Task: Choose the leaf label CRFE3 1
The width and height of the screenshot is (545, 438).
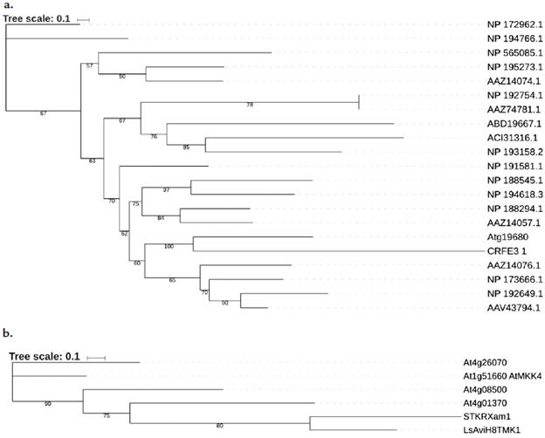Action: click(x=505, y=250)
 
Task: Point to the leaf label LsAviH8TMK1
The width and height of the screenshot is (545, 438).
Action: click(x=490, y=431)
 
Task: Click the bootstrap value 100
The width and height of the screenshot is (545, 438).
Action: click(x=168, y=247)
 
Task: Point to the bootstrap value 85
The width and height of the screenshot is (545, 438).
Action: click(x=186, y=147)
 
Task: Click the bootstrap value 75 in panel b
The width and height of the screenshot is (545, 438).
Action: click(x=107, y=415)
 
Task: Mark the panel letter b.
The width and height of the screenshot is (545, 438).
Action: click(x=8, y=333)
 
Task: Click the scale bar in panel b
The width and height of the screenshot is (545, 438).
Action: click(x=97, y=357)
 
